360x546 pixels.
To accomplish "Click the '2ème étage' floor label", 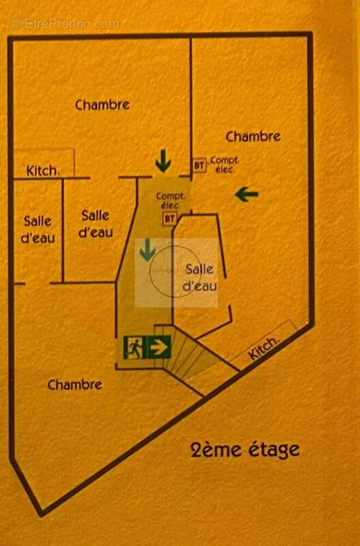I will [x=245, y=450].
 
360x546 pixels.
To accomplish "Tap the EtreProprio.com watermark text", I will [x=65, y=24].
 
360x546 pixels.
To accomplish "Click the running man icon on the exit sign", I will [x=134, y=347].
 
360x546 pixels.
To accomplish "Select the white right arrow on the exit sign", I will [x=158, y=347].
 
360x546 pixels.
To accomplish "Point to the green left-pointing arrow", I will [x=247, y=195].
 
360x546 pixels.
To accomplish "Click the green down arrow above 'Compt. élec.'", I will [x=163, y=161].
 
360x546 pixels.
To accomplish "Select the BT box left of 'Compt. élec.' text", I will [x=199, y=164].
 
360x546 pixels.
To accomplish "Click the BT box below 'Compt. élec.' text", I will [x=169, y=218].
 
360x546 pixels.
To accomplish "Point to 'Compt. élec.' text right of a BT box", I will [x=224, y=164].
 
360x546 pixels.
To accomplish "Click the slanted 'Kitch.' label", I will [x=263, y=348].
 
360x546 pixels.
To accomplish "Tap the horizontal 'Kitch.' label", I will [x=43, y=171].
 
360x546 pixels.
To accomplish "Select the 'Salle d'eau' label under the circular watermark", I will [x=200, y=278].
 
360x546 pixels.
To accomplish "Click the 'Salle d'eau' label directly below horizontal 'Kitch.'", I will [x=38, y=229].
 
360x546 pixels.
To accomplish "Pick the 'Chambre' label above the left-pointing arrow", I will [x=253, y=136].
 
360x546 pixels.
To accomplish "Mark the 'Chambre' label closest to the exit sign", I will [x=74, y=385].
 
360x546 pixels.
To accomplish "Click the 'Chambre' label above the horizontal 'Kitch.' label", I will [x=102, y=105].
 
